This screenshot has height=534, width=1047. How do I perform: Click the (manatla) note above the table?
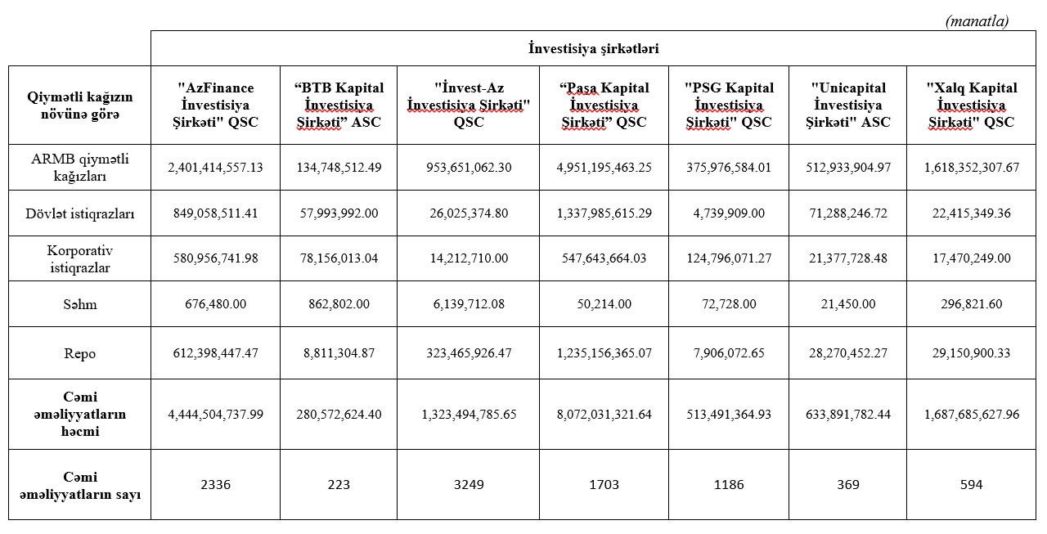click(x=977, y=21)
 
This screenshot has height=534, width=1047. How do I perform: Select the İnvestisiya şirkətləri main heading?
click(x=593, y=48)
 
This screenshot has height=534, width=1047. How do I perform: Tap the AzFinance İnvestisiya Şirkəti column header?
click(x=216, y=105)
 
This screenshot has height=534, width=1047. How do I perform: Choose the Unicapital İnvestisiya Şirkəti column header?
click(x=848, y=105)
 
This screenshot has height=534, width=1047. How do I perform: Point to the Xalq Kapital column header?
click(x=972, y=105)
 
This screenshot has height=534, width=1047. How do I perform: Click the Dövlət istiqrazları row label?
click(x=80, y=213)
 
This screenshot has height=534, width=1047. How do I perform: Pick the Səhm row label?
click(x=80, y=304)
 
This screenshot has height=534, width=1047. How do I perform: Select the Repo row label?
click(x=80, y=353)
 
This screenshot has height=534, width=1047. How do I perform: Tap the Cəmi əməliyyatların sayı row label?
click(x=80, y=485)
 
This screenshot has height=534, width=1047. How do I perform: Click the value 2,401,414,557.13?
click(x=216, y=168)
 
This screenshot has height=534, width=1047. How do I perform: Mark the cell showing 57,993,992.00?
click(x=339, y=213)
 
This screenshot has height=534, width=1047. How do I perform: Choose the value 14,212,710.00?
click(x=468, y=258)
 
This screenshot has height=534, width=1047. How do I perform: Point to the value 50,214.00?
click(x=604, y=304)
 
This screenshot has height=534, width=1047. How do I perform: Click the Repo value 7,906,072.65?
click(x=729, y=353)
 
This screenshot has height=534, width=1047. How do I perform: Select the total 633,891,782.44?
click(x=848, y=415)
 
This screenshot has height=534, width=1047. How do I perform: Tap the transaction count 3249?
click(x=468, y=485)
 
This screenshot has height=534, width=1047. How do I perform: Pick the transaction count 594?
click(x=972, y=485)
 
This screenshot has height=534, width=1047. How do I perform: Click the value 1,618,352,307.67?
click(x=972, y=168)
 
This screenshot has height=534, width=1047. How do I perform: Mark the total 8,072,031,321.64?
click(x=604, y=415)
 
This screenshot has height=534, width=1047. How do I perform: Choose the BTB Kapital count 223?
click(x=339, y=485)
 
